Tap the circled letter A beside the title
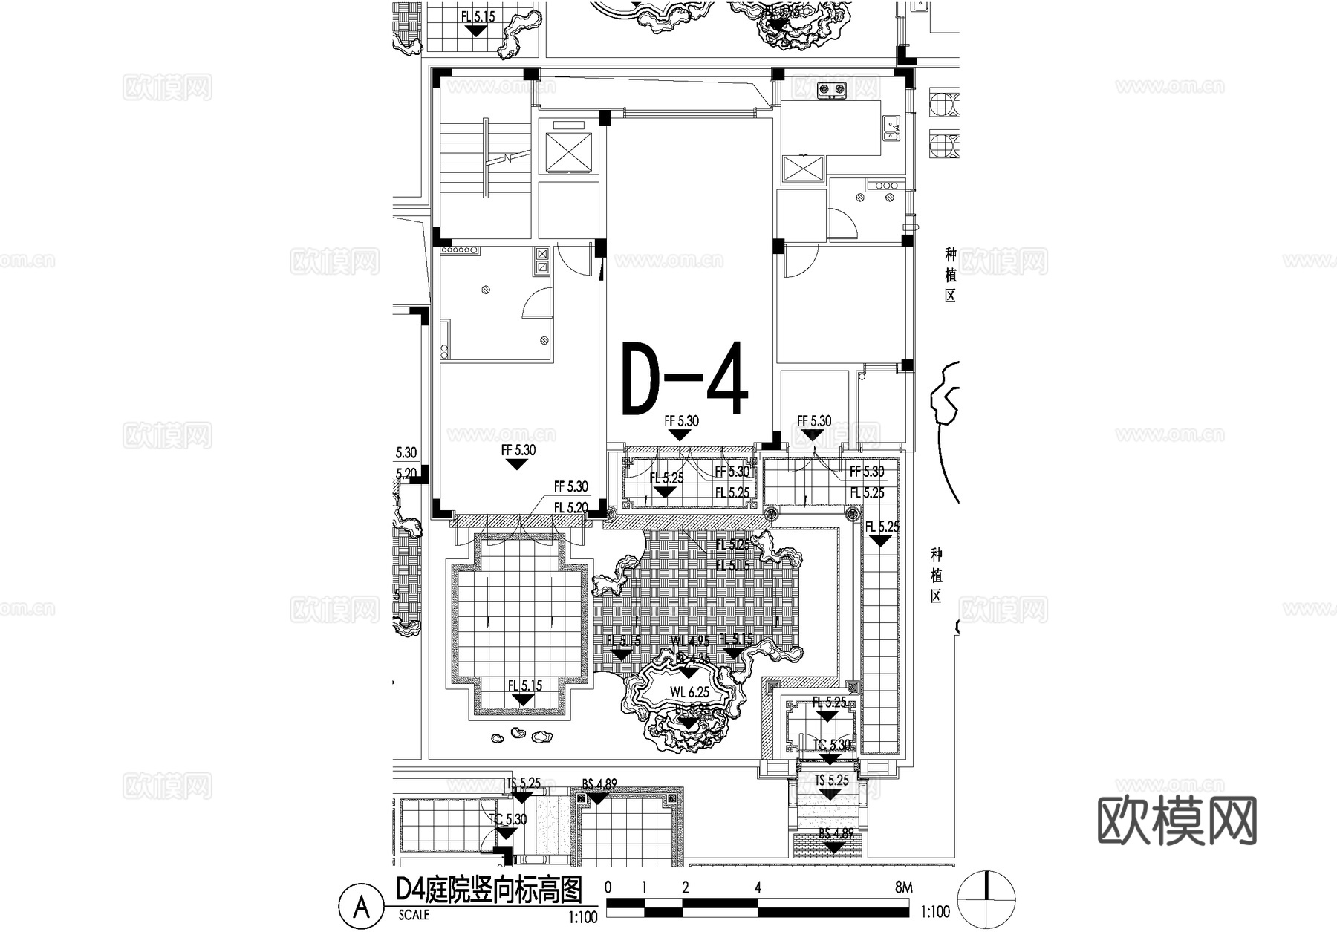point(362,907)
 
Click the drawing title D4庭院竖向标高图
point(488,890)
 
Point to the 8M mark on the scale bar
point(903,887)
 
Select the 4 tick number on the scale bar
point(758,887)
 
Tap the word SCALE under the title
point(414,916)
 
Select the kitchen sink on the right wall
point(891,128)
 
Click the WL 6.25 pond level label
point(689,692)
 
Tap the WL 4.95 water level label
point(689,641)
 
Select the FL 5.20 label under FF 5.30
point(570,508)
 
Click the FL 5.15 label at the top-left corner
point(477,16)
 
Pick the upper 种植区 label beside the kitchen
point(950,275)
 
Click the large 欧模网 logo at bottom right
point(1177,821)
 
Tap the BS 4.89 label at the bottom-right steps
point(836,834)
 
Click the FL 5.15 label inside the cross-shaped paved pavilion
point(524,685)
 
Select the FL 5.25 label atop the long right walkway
point(881,527)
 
